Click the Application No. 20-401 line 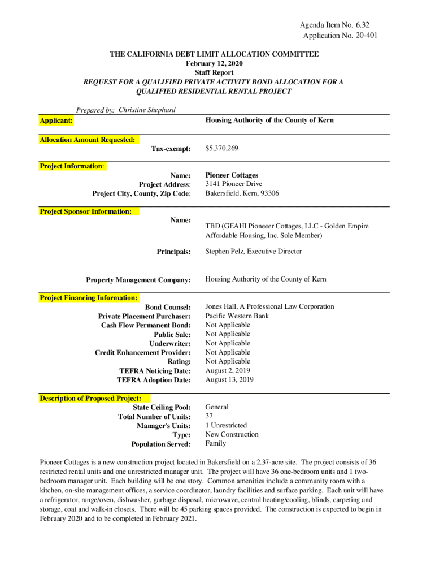(x=340, y=36)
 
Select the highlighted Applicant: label (x=56, y=121)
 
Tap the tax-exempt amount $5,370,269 (x=221, y=149)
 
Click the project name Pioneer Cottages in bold (x=232, y=175)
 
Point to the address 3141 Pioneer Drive (x=233, y=184)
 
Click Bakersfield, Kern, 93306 (x=242, y=193)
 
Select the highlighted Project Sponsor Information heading (x=85, y=211)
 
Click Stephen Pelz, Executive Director (x=253, y=252)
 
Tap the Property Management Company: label (x=138, y=280)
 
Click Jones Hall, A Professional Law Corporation (x=269, y=306)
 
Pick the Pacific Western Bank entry (x=237, y=316)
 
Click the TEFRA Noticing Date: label (x=155, y=371)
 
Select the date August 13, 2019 (x=229, y=380)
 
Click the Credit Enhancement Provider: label (x=142, y=353)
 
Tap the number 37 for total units (x=209, y=416)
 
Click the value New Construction (x=232, y=434)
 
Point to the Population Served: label (x=161, y=444)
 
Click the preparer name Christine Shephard (x=147, y=110)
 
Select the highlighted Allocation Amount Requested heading (x=87, y=140)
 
